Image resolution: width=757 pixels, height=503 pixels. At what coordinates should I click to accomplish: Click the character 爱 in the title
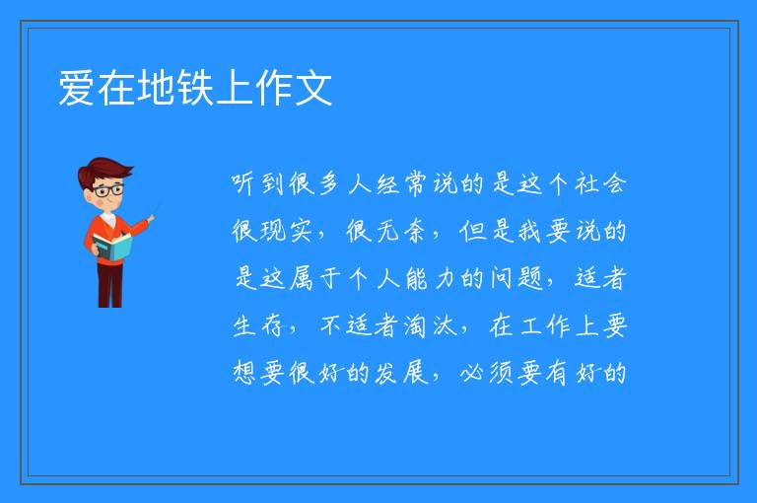tap(76, 88)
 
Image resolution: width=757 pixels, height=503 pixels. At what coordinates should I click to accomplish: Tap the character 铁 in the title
tap(195, 88)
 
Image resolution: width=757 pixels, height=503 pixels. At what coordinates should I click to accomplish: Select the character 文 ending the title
tap(313, 88)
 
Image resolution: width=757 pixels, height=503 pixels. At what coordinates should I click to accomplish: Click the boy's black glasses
tap(108, 190)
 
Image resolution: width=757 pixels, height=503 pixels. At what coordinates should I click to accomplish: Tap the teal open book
tap(112, 247)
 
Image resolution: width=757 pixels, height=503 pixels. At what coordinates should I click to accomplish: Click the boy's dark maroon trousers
tap(110, 285)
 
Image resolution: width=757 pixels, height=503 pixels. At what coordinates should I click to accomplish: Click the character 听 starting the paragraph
tap(243, 183)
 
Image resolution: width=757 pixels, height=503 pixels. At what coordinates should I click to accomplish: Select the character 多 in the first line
tap(329, 183)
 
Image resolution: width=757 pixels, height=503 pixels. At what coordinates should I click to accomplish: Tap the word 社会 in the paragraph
tap(600, 183)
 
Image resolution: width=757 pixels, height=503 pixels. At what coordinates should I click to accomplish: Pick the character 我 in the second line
tap(529, 231)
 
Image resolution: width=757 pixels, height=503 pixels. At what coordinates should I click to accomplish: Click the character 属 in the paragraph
tap(301, 278)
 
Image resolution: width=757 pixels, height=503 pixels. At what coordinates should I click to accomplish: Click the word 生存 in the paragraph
tap(258, 325)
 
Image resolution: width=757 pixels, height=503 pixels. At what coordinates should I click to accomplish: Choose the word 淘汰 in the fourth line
tap(430, 325)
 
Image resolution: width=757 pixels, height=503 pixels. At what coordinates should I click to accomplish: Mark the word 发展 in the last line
tap(401, 373)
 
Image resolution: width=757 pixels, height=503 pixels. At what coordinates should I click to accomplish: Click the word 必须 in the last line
tap(487, 373)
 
